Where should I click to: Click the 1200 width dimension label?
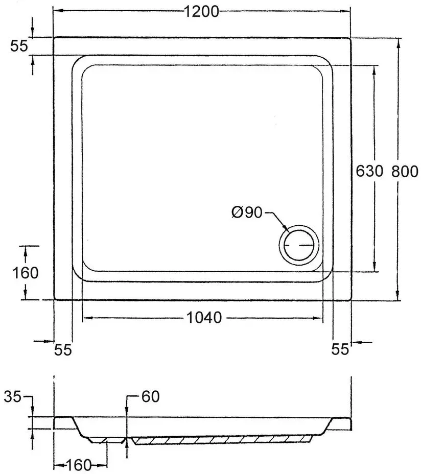pyautogui.click(x=201, y=12)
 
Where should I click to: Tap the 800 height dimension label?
pyautogui.click(x=405, y=172)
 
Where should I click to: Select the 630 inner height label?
pyautogui.click(x=369, y=171)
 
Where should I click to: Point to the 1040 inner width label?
pyautogui.click(x=204, y=318)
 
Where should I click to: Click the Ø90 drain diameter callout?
pyautogui.click(x=247, y=212)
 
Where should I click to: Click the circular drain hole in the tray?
pyautogui.click(x=299, y=245)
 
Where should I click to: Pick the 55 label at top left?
pyautogui.click(x=19, y=46)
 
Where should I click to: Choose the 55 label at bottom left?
pyautogui.click(x=63, y=350)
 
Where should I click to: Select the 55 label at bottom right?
pyautogui.click(x=340, y=349)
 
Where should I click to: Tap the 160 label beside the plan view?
pyautogui.click(x=26, y=273)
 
